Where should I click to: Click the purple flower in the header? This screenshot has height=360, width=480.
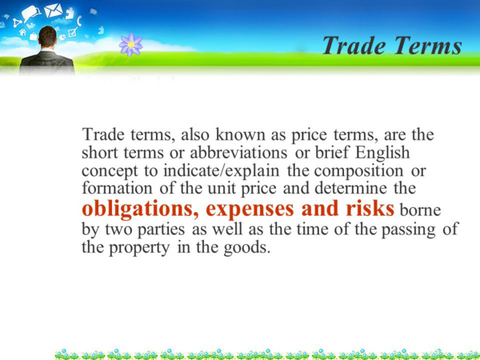point(131,45)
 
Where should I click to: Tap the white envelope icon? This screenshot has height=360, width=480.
point(54,10)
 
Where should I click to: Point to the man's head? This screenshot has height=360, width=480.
point(47,37)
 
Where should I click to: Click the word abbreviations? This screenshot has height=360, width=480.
point(238,153)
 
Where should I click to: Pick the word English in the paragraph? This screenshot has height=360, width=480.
point(382,153)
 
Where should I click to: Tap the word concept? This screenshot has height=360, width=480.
point(110,171)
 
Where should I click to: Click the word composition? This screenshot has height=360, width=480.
point(358,171)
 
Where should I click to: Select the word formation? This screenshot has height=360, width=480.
point(117,188)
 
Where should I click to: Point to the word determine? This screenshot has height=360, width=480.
point(351,188)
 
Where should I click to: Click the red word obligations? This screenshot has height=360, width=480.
point(140,210)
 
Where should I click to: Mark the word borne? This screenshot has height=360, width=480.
point(420,210)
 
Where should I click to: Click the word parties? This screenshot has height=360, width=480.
point(161,230)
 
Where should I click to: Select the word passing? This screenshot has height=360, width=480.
point(408,230)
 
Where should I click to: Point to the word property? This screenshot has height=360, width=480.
point(139,248)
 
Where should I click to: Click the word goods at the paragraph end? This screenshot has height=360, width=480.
point(247,248)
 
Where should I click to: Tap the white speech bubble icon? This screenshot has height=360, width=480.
point(30,13)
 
